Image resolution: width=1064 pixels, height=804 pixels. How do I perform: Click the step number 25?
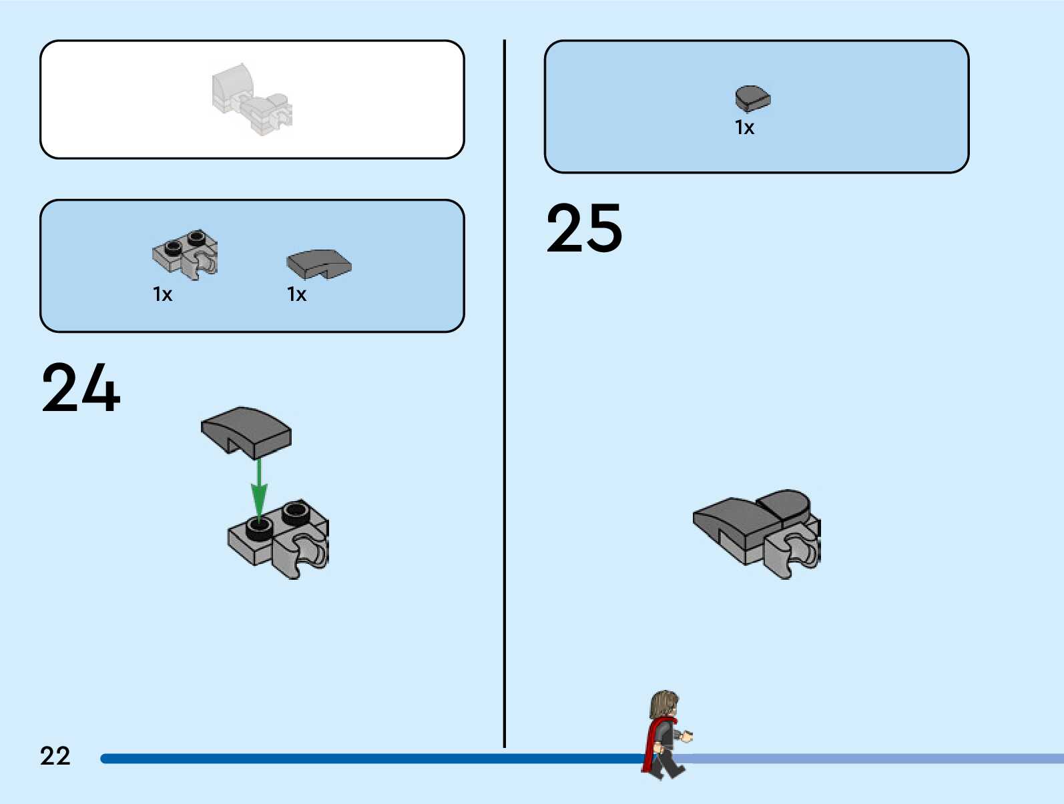point(584,228)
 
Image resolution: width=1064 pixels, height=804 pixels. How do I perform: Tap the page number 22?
point(55,756)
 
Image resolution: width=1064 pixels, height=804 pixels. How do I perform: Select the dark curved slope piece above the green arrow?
point(246,430)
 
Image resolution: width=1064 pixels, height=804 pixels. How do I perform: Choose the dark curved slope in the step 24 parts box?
point(318,264)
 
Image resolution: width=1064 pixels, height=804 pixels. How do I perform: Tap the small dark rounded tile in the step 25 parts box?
point(752,99)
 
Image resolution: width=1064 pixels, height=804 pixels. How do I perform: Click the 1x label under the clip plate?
point(162,294)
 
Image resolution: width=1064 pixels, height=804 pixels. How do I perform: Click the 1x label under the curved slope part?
point(296,294)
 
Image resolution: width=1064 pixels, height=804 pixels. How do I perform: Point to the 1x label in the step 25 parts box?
point(744,127)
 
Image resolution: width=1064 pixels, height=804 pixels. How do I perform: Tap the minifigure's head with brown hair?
point(665,704)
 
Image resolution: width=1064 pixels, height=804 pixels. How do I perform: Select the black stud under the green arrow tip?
point(259,528)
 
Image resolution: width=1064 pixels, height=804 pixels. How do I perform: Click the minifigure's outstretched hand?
point(687,737)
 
